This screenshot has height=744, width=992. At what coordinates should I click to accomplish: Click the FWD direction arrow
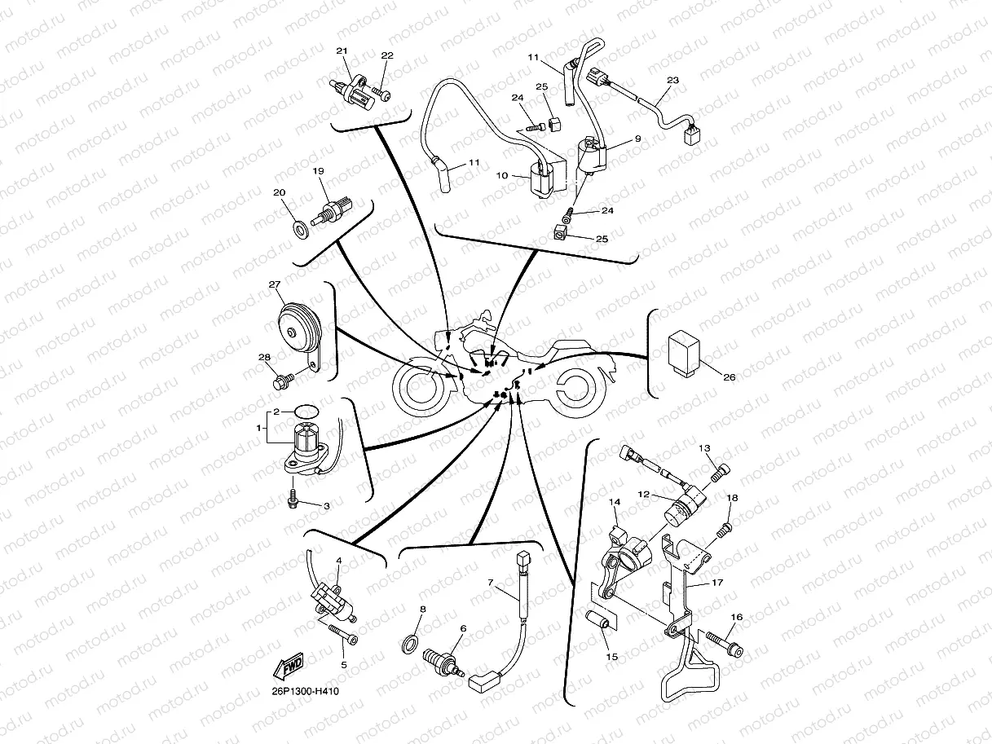point(289,667)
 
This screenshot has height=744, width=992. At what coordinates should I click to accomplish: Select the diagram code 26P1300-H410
point(305,691)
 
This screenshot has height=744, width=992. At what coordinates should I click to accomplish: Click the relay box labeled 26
point(684,353)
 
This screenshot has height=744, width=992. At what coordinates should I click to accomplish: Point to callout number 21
point(342,51)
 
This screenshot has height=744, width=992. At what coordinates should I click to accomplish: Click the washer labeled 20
point(301,230)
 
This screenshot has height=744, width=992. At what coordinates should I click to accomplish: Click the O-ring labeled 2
point(306,412)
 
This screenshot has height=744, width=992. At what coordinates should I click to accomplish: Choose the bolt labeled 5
point(342,634)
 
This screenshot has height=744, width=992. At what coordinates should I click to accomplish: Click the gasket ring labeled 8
point(410,644)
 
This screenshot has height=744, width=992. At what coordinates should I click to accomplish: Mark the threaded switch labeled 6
point(443,663)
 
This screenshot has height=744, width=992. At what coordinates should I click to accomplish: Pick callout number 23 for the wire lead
point(673,80)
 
